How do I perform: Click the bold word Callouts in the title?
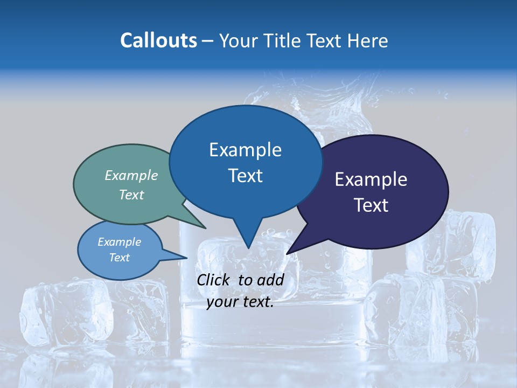tap(158, 40)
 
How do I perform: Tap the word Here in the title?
tap(368, 40)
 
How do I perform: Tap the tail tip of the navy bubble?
tap(287, 253)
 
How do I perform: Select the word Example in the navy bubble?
tap(371, 179)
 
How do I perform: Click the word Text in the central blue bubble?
tap(246, 176)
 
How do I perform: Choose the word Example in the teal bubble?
tap(131, 175)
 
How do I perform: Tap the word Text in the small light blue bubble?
tap(119, 258)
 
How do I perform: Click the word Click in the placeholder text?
tap(214, 280)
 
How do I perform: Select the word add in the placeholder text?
tap(270, 280)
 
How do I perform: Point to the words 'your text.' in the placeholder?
tap(240, 302)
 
